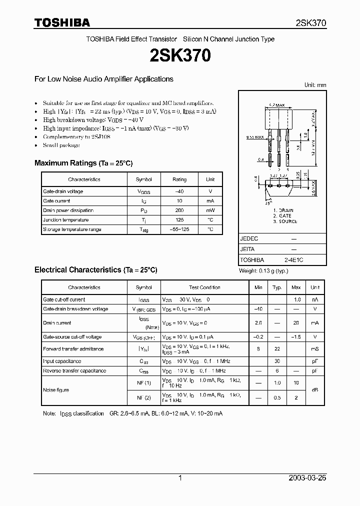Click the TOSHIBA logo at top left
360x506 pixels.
[62, 22]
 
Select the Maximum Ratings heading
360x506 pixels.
[83, 163]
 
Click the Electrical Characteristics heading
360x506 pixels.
[96, 269]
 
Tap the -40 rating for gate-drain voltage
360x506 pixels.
[179, 191]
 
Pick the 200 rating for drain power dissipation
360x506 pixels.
[179, 210]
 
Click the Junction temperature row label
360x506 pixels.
[66, 220]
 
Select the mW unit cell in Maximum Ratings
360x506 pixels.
[210, 210]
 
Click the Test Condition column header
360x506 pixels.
[204, 287]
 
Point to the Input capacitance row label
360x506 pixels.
[62, 361]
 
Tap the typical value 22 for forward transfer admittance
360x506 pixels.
[276, 349]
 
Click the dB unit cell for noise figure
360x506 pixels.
[315, 390]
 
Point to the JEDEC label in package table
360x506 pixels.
[249, 239]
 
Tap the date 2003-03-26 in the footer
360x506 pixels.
[307, 478]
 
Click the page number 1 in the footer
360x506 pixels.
[180, 478]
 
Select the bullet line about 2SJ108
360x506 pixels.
[76, 136]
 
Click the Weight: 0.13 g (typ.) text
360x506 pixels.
[264, 271]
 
